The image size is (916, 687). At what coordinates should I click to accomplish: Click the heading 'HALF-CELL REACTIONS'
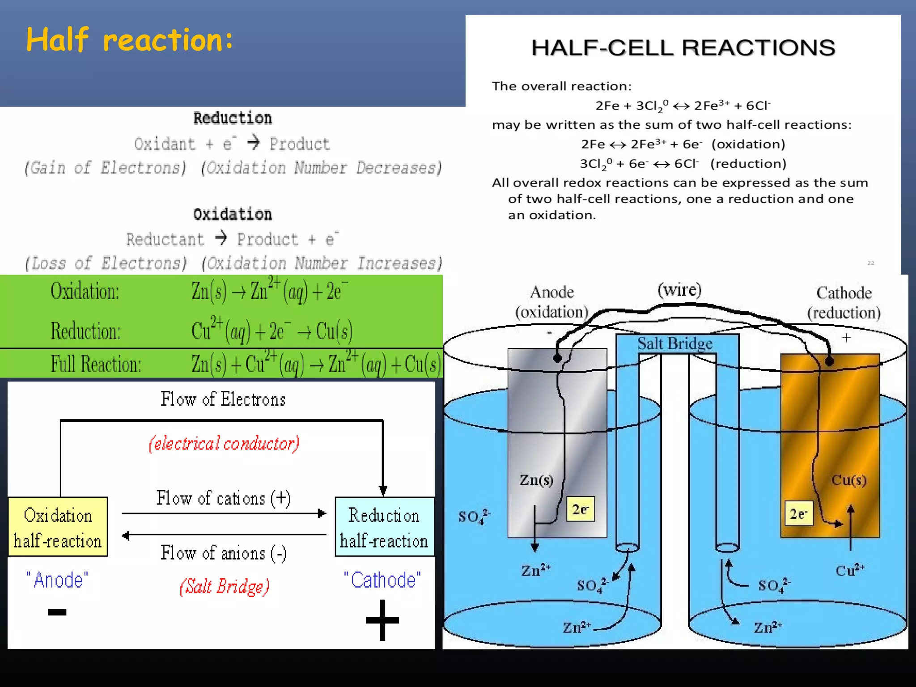[x=683, y=48]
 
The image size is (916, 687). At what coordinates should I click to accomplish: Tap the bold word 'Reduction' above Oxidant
[x=232, y=118]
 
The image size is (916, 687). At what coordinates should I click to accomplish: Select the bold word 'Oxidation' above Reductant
[x=232, y=214]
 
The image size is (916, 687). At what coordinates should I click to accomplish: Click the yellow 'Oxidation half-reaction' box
[x=58, y=527]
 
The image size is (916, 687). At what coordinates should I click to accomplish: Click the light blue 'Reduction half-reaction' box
[x=384, y=527]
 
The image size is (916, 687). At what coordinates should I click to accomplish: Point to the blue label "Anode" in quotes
[x=57, y=580]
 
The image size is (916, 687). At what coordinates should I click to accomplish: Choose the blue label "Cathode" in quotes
[x=382, y=580]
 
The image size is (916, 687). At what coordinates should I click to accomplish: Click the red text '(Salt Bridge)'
[x=225, y=586]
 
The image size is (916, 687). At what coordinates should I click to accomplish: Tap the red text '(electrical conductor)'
[x=224, y=443]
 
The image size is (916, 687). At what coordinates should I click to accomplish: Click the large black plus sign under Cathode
[x=382, y=620]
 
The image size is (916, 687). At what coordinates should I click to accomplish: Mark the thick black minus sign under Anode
[x=57, y=612]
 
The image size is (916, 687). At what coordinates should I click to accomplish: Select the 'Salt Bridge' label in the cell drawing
[x=675, y=343]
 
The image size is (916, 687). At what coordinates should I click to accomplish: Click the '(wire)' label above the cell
[x=679, y=290]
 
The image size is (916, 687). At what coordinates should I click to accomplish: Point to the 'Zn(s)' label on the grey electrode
[x=536, y=480]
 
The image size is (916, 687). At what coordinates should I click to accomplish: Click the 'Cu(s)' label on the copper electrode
[x=848, y=480]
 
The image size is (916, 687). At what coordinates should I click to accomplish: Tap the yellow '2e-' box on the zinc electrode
[x=581, y=509]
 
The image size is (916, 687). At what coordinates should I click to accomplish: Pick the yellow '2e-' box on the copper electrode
[x=799, y=513]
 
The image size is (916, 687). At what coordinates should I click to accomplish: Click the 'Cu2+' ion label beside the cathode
[x=850, y=570]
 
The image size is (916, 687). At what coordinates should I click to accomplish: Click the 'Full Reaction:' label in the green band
[x=96, y=364]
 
